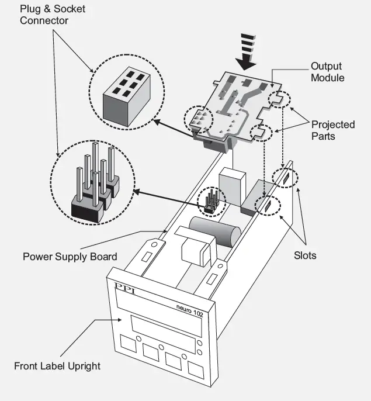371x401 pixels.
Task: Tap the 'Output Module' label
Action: [327, 72]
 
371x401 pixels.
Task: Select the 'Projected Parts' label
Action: [332, 130]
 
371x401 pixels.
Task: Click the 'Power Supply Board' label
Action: [70, 256]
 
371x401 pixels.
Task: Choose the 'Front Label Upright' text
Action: [57, 366]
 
